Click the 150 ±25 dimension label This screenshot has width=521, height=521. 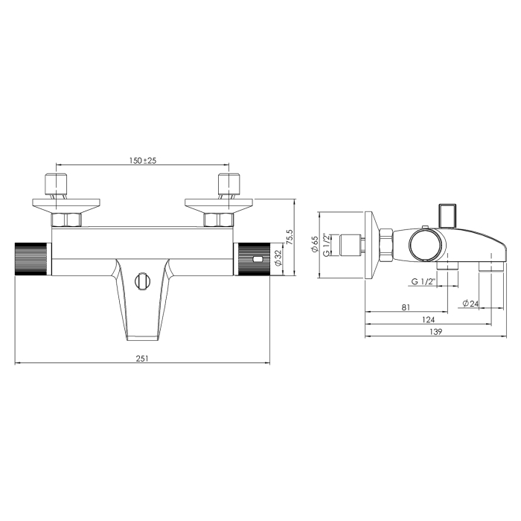tap(143, 160)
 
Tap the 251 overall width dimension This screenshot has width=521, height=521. tap(142, 359)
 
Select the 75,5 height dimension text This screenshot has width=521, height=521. tap(290, 237)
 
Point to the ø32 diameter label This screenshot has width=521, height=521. tap(278, 258)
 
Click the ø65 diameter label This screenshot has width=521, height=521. tap(314, 244)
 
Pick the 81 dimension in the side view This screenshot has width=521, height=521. tap(406, 307)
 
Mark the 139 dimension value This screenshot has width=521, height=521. tap(436, 332)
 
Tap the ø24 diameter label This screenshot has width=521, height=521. tap(470, 303)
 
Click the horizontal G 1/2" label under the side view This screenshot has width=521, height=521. tap(423, 282)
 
